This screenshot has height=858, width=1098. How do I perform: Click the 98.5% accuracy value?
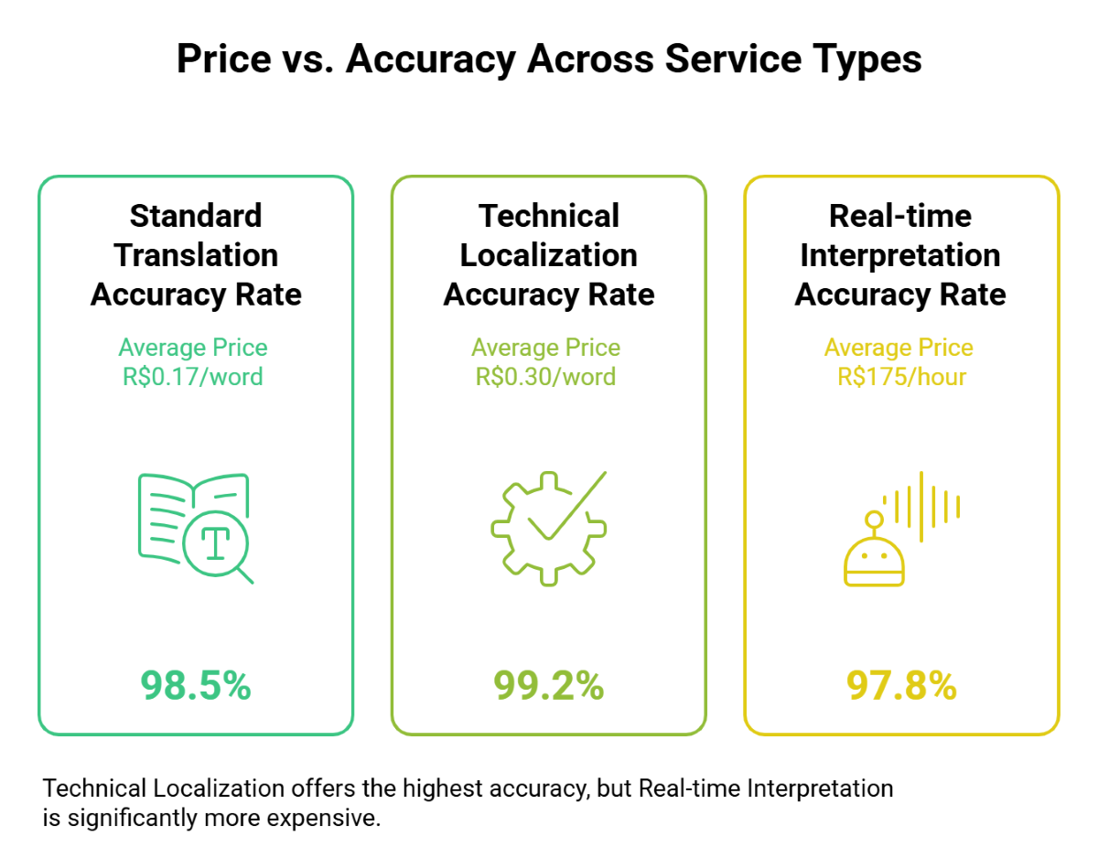196,685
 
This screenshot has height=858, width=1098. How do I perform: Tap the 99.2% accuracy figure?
549,685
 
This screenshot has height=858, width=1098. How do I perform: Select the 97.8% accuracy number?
901,685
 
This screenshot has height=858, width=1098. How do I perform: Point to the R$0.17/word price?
193,376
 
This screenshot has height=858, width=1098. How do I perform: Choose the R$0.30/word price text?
546,376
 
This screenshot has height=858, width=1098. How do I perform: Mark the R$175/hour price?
901,376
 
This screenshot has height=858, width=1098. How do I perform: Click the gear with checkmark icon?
548,528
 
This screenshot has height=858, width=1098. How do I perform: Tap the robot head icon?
874,555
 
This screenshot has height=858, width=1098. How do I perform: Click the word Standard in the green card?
196,216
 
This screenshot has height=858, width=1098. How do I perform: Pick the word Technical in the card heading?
549,216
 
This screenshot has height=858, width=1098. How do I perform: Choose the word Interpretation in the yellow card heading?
900,255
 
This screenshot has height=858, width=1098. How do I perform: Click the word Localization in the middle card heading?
549,255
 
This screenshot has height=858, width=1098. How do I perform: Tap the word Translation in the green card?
196,255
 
